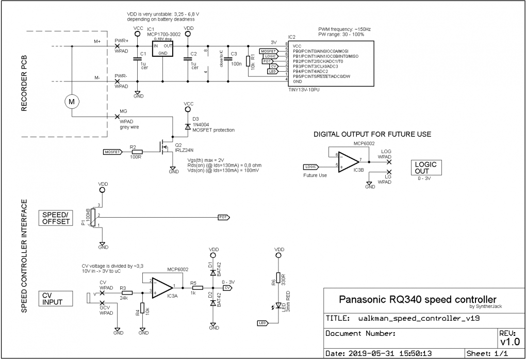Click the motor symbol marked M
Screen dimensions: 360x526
[x=72, y=102]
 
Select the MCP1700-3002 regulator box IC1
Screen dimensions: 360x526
[x=162, y=49]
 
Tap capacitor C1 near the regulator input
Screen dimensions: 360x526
[x=137, y=59]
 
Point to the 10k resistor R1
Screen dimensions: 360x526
[x=248, y=61]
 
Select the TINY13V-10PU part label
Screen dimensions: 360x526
[x=305, y=89]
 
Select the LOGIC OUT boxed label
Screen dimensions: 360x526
[x=425, y=168]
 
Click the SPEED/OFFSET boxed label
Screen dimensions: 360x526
[x=56, y=218]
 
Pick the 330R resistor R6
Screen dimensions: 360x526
[x=278, y=279]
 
